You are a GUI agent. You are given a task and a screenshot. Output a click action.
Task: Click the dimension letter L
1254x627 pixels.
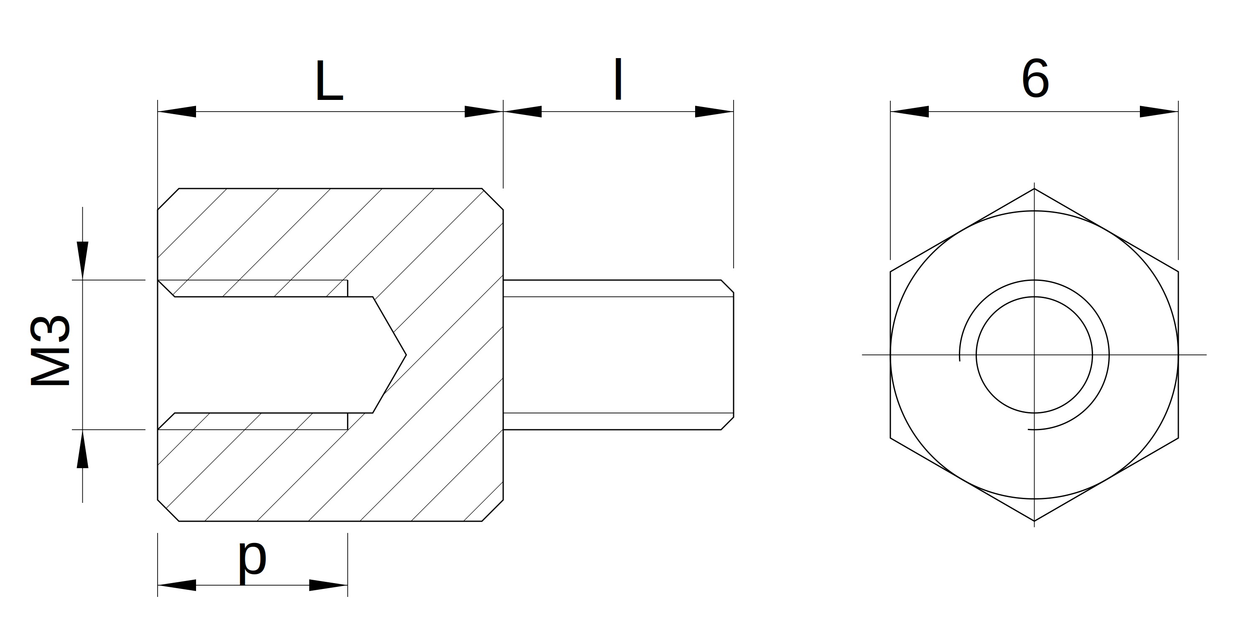click(329, 81)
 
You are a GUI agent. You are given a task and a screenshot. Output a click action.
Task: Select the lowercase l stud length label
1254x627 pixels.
click(618, 79)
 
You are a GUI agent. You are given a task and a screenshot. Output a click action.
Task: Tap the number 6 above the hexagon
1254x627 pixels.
click(1035, 79)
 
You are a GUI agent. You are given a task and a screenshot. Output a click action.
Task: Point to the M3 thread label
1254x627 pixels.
click(51, 351)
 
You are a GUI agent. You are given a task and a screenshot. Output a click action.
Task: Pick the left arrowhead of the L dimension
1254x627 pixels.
click(177, 112)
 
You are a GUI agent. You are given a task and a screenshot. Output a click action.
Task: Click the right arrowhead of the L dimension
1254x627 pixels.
click(483, 112)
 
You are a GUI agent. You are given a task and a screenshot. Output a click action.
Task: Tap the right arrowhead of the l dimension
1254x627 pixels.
click(714, 112)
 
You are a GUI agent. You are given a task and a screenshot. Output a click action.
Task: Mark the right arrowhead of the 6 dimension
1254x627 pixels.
click(1159, 112)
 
